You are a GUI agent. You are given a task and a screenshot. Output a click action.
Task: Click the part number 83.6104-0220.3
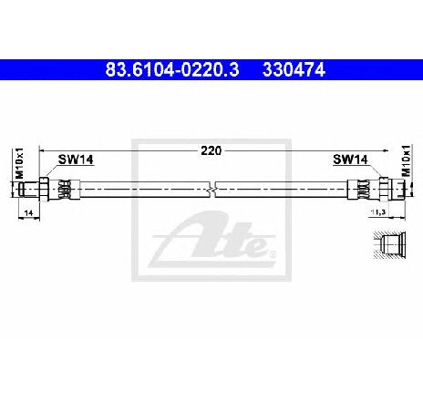click(172, 70)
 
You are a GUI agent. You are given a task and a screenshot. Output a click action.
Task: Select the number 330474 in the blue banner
click(294, 70)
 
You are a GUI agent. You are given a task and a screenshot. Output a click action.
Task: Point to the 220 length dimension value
click(211, 150)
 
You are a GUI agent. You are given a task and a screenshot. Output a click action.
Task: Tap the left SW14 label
click(76, 160)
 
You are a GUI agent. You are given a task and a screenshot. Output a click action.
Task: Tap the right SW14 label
click(350, 160)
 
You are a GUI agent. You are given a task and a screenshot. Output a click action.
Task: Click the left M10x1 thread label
click(19, 163)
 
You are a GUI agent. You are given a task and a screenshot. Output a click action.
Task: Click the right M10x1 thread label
click(406, 160)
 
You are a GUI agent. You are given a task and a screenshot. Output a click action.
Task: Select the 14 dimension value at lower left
click(28, 213)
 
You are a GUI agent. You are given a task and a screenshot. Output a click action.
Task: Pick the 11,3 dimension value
click(377, 211)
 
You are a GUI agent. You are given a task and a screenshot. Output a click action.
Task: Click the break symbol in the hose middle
click(212, 190)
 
